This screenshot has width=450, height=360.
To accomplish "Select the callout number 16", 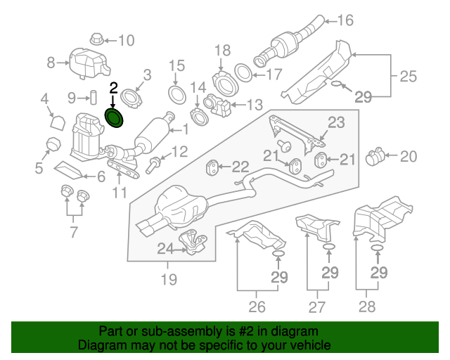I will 345,20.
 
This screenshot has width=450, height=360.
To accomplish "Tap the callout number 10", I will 125,40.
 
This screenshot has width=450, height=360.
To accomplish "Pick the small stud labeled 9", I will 92,96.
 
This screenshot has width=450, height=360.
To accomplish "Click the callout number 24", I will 165,247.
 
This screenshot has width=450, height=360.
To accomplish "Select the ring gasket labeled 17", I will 243,72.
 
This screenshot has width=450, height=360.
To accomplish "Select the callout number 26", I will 257,306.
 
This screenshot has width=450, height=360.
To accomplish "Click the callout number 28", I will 367,306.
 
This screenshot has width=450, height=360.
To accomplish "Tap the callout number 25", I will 409,75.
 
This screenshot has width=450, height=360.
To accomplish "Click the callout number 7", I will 75,231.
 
